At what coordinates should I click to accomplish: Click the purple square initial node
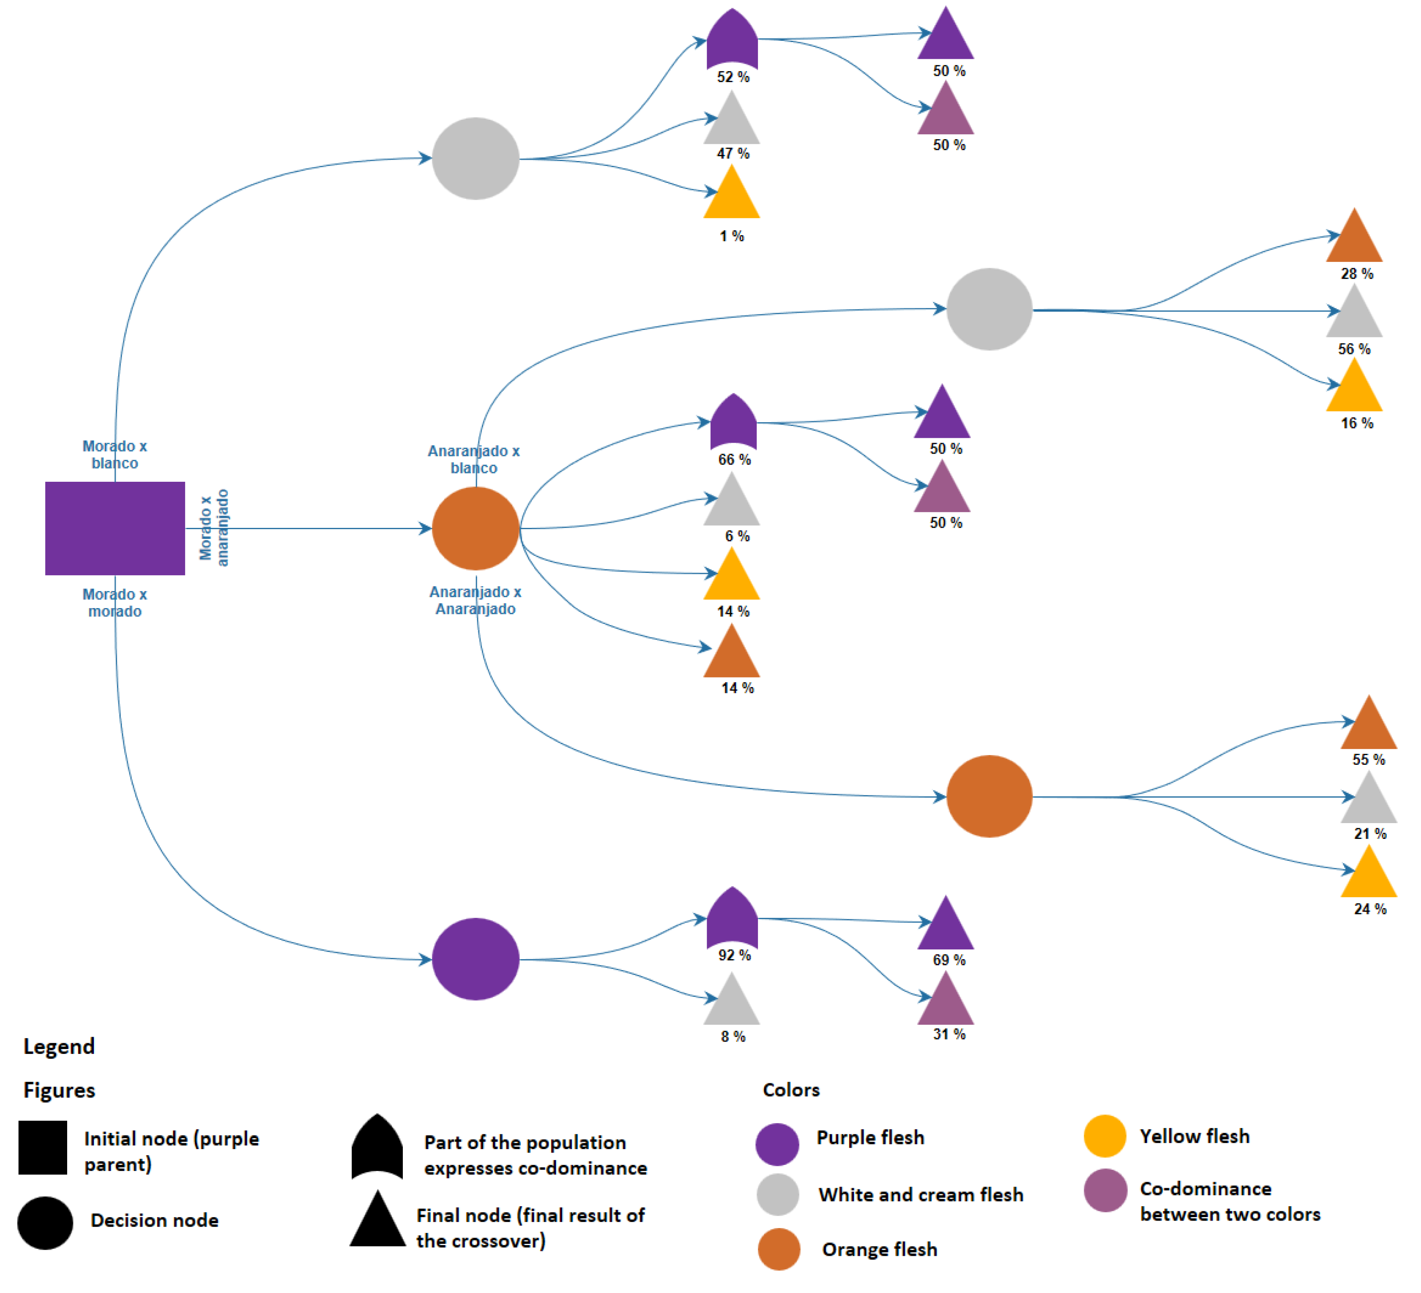click(x=115, y=528)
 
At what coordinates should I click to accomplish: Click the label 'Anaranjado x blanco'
click(x=474, y=459)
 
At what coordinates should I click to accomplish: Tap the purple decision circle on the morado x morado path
click(x=475, y=959)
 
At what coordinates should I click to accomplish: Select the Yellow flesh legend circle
click(x=1105, y=1136)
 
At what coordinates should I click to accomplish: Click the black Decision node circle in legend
click(x=45, y=1222)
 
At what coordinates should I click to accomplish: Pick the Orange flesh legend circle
click(x=779, y=1249)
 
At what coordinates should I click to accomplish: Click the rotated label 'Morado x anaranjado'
click(x=214, y=528)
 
